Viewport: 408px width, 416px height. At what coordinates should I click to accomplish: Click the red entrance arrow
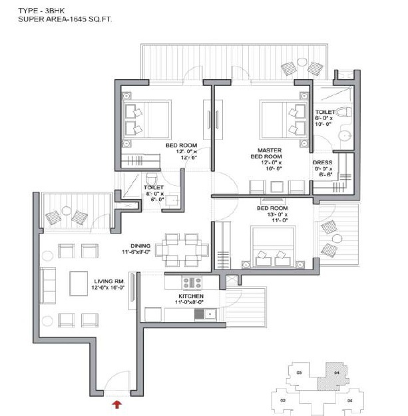(x=117, y=403)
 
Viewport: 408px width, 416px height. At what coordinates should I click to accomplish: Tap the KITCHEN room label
(x=190, y=296)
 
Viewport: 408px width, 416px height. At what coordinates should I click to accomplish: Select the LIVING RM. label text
(x=110, y=282)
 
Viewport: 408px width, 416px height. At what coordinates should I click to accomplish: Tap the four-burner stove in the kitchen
(x=192, y=282)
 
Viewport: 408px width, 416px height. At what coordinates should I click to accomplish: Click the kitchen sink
(x=200, y=313)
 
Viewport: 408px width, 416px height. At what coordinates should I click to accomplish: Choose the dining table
(x=182, y=250)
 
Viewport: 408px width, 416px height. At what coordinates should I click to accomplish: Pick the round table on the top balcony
(x=301, y=64)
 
